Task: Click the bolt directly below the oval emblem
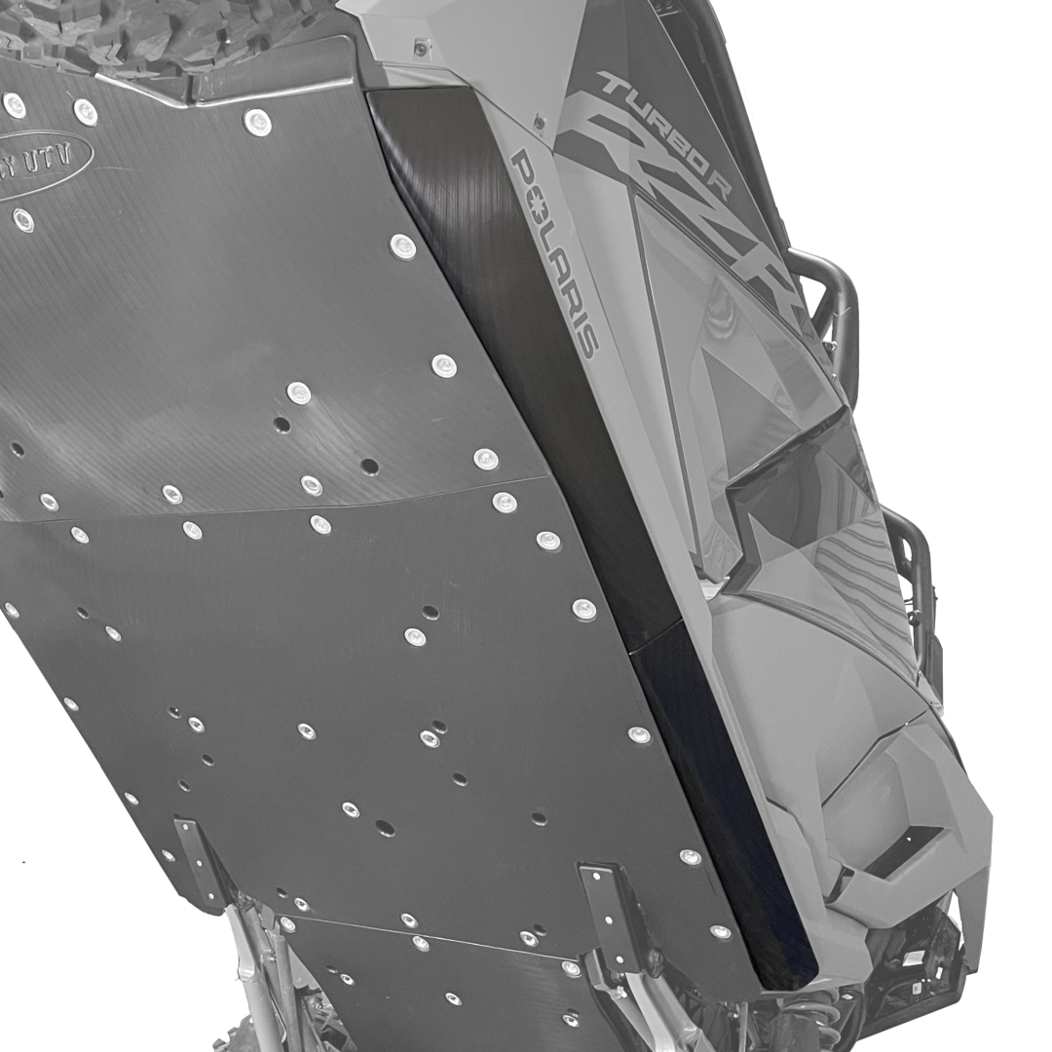(x=23, y=220)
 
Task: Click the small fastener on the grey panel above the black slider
(x=421, y=48)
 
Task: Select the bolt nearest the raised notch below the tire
(x=258, y=122)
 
